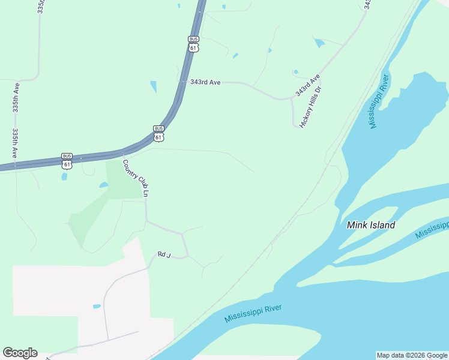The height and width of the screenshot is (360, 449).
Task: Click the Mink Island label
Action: click(x=371, y=225)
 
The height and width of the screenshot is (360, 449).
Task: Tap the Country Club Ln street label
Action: click(x=135, y=178)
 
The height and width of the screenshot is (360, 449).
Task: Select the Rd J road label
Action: click(x=164, y=255)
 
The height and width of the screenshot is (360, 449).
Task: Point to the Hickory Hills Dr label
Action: click(x=311, y=106)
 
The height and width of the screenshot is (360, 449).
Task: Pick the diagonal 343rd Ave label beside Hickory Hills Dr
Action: click(x=307, y=86)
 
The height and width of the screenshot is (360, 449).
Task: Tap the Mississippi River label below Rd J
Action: click(x=253, y=313)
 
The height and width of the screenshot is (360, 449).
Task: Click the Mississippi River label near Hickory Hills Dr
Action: click(x=380, y=100)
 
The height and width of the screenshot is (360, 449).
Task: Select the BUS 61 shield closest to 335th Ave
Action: click(x=67, y=160)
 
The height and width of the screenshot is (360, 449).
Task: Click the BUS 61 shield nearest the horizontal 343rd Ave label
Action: click(x=193, y=44)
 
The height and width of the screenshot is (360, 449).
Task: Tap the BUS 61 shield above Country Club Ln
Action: click(x=158, y=133)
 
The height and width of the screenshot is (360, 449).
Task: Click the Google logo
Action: click(x=20, y=353)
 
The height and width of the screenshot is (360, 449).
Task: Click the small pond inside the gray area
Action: click(x=97, y=307)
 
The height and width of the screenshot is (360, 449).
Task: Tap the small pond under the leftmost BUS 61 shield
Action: click(x=64, y=177)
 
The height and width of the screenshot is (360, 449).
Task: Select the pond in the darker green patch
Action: click(x=103, y=185)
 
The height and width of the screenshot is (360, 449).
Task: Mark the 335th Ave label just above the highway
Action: click(x=16, y=143)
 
